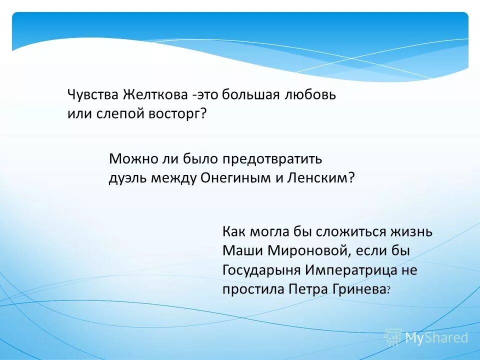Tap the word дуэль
[x=125, y=178]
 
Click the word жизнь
[x=411, y=232]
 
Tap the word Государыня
[x=261, y=270]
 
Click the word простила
[x=253, y=289]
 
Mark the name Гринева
[x=358, y=289]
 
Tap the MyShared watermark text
[x=436, y=337]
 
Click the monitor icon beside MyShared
[x=393, y=337]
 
